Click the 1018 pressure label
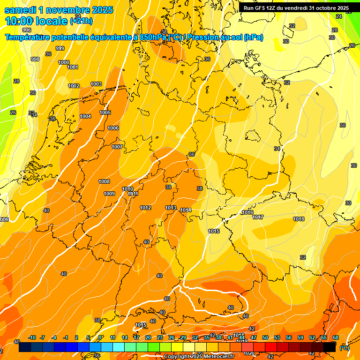click(299, 219)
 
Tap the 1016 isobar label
click(247, 213)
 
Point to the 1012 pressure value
click(145, 208)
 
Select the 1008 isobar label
click(104, 181)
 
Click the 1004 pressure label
click(85, 116)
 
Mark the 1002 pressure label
click(74, 86)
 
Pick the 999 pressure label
click(60, 48)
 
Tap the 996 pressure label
click(27, 30)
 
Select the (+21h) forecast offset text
click(81, 21)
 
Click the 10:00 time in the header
click(19, 21)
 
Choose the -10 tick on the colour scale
click(31, 337)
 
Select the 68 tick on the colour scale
click(336, 337)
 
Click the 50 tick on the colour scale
click(265, 337)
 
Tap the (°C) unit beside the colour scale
click(344, 348)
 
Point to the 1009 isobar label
click(109, 194)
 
